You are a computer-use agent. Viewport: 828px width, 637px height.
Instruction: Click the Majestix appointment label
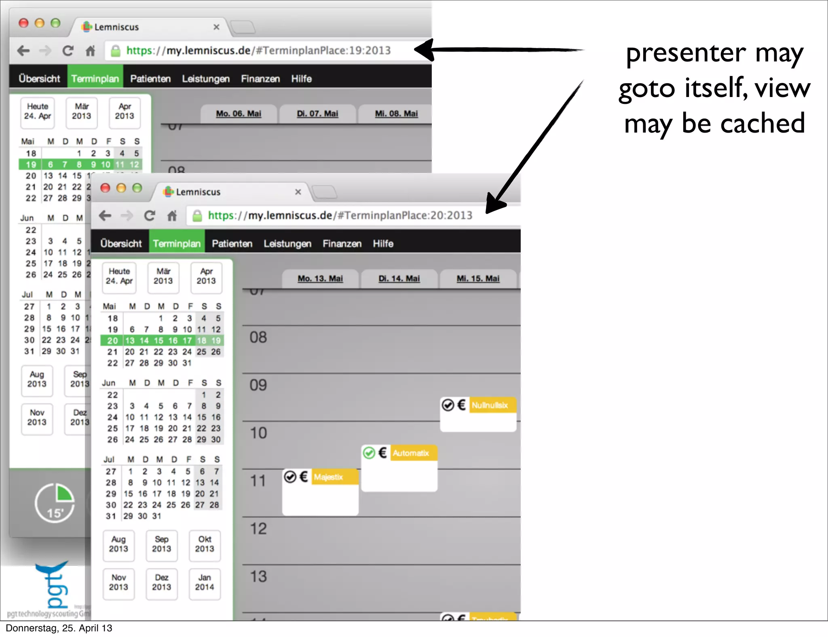point(328,477)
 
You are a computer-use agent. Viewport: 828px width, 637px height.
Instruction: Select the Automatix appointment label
point(411,453)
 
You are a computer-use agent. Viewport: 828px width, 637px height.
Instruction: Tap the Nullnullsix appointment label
point(490,405)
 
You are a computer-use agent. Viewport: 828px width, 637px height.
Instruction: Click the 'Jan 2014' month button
point(205,582)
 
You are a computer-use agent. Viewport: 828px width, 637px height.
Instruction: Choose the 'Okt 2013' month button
point(205,544)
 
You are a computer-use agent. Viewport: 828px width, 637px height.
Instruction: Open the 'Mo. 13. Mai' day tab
point(320,278)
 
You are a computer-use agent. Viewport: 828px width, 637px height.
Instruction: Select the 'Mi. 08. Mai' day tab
point(396,114)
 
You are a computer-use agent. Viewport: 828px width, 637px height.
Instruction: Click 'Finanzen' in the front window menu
point(342,243)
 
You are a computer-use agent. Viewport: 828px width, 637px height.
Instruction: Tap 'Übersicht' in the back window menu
point(39,78)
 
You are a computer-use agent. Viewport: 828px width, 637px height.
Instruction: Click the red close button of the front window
point(106,188)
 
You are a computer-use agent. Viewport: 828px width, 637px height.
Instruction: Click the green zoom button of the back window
point(56,23)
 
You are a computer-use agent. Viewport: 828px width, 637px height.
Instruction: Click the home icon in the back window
point(91,51)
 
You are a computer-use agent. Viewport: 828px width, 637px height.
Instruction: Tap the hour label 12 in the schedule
point(258,529)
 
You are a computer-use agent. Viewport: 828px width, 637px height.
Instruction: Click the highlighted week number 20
point(112,341)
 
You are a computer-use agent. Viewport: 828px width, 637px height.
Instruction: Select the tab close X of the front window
point(298,192)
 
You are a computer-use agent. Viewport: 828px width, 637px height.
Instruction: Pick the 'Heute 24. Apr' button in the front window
point(119,276)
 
